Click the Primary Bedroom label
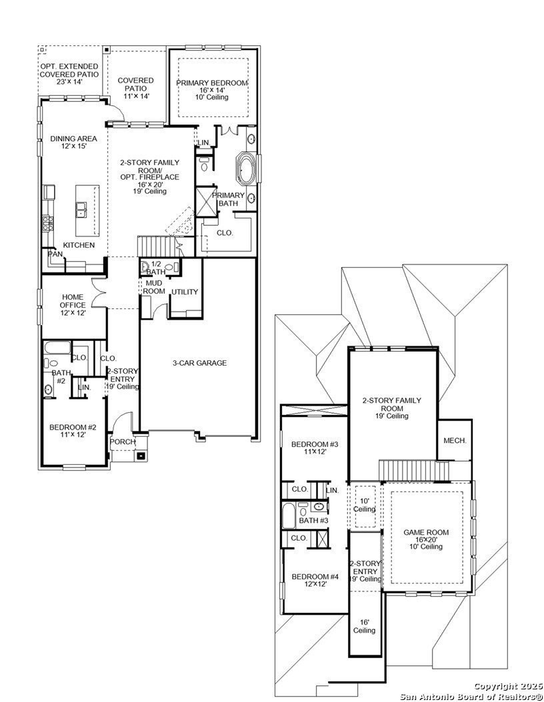click(212, 90)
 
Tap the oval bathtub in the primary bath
click(245, 169)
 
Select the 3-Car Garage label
click(200, 363)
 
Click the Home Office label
click(73, 305)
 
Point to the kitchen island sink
click(81, 209)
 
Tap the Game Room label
click(426, 539)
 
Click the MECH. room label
click(455, 440)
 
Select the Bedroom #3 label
click(315, 448)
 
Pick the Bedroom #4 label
click(315, 580)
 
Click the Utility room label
click(185, 292)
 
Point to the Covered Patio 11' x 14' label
click(136, 88)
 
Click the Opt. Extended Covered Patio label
click(69, 74)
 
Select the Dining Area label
click(73, 143)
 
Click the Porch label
click(123, 442)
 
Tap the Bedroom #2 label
click(73, 431)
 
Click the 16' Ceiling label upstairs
click(364, 626)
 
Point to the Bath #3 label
click(314, 521)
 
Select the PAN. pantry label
click(55, 254)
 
